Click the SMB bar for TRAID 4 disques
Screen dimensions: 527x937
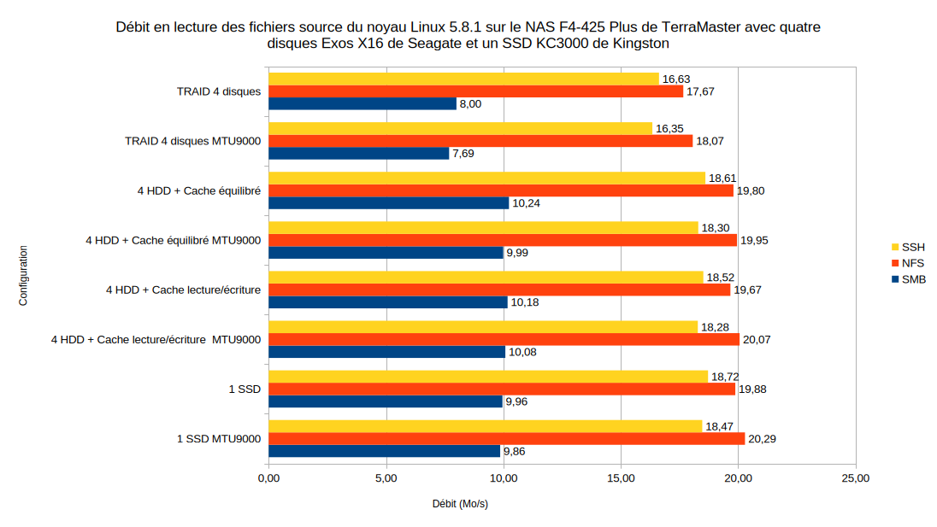click(x=362, y=103)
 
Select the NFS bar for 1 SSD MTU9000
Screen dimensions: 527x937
click(x=506, y=439)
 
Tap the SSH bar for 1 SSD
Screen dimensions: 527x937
click(x=488, y=377)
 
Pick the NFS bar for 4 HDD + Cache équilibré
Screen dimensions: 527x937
click(x=501, y=190)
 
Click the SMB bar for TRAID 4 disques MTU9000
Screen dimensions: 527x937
click(x=359, y=153)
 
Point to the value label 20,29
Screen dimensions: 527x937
click(x=762, y=439)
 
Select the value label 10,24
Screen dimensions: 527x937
click(x=525, y=203)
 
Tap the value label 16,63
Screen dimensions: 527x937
click(x=675, y=79)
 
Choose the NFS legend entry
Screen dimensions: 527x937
click(x=912, y=263)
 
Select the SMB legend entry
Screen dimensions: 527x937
click(x=913, y=279)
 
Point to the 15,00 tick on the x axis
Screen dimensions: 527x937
click(x=621, y=478)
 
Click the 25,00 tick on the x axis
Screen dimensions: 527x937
click(x=856, y=478)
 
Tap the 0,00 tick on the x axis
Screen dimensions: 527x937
click(x=268, y=478)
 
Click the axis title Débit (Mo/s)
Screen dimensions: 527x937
click(x=460, y=504)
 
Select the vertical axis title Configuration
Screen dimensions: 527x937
click(x=23, y=276)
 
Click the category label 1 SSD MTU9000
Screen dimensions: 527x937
click(x=218, y=439)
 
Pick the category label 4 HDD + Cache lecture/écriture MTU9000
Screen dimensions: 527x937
click(x=156, y=340)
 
